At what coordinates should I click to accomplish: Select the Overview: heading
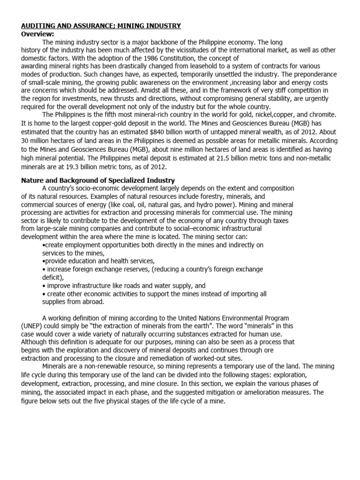point(38,34)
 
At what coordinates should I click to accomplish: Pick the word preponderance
point(315,74)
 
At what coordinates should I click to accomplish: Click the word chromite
point(320,114)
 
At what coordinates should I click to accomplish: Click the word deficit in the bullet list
point(52,277)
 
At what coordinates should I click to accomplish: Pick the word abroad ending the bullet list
point(92,302)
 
